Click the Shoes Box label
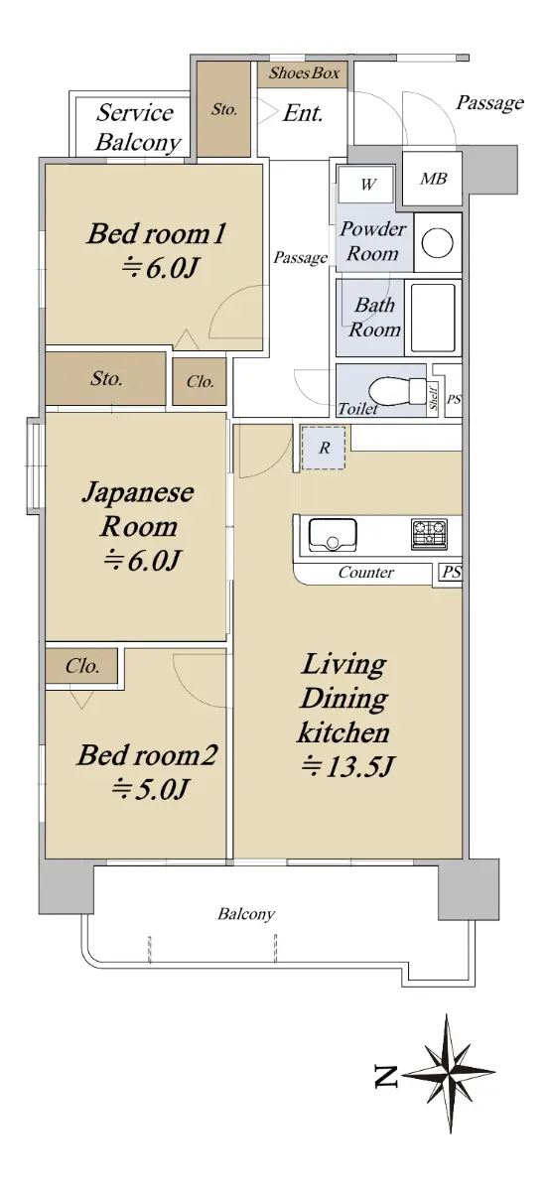click(304, 72)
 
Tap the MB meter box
click(432, 179)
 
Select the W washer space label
click(367, 185)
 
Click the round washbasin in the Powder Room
click(437, 243)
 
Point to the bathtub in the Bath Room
click(433, 318)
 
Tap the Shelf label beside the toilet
click(434, 397)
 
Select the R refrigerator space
click(324, 448)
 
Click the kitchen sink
click(333, 535)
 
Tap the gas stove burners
click(429, 534)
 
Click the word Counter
click(366, 573)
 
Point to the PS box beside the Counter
click(450, 574)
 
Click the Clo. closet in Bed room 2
click(81, 666)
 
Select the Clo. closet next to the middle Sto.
click(200, 382)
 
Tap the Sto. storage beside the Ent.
click(224, 109)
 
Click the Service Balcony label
click(137, 128)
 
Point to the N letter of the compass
click(386, 1077)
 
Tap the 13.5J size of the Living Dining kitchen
click(347, 766)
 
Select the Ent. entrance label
click(303, 113)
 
